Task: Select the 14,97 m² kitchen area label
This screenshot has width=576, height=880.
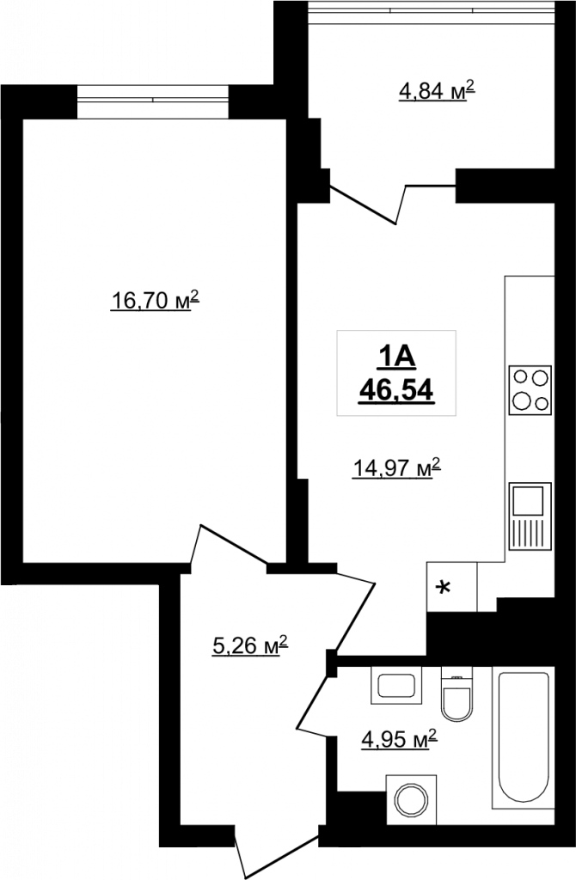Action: click(395, 467)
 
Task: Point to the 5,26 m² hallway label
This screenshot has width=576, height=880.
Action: click(250, 645)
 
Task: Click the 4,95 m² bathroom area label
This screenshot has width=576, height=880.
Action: click(399, 739)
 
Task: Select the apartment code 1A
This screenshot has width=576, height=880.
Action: click(396, 357)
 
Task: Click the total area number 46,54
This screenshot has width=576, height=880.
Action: click(396, 389)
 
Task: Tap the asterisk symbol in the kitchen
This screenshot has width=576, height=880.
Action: click(444, 587)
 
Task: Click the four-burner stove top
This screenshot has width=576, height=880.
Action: click(530, 390)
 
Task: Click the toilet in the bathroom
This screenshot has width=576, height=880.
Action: click(457, 694)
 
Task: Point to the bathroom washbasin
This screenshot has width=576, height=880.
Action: click(396, 685)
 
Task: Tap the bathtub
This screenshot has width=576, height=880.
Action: click(524, 738)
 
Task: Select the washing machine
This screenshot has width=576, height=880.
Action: click(412, 800)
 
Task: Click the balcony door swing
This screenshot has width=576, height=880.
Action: click(393, 203)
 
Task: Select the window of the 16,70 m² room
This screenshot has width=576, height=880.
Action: click(153, 101)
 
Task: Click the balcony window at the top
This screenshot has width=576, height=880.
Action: click(432, 11)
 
